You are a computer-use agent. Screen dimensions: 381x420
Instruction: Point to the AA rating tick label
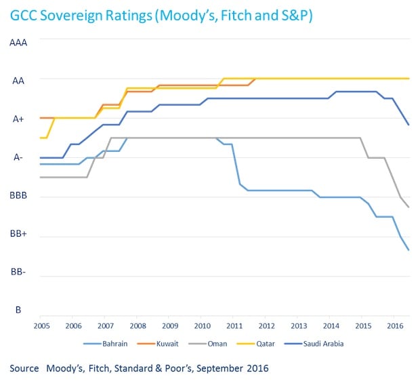(x=19, y=81)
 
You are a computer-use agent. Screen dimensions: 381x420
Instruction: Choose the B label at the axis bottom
(x=18, y=310)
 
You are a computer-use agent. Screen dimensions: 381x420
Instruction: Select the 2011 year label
(x=233, y=325)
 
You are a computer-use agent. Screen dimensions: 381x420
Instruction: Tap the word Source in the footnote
(x=26, y=368)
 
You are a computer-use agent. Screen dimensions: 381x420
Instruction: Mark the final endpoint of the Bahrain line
(x=408, y=250)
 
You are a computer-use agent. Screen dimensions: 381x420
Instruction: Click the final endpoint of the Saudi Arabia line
(x=408, y=125)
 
